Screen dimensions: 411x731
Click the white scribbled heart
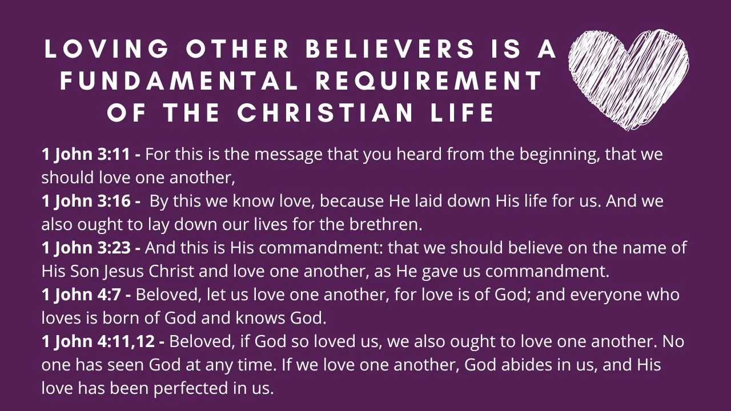click(628, 77)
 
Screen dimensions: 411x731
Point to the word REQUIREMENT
click(428, 82)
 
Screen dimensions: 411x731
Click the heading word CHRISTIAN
click(326, 113)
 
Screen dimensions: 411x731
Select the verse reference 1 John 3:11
click(91, 154)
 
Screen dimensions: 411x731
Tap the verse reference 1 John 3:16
click(91, 202)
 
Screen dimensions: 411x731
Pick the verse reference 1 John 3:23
click(91, 248)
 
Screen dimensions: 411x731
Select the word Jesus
click(124, 272)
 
